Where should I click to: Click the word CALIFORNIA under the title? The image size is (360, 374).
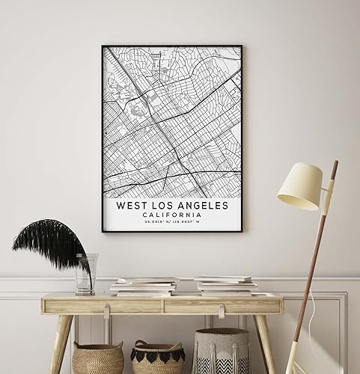pyautogui.click(x=172, y=215)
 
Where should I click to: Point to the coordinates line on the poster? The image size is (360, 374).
pyautogui.click(x=172, y=223)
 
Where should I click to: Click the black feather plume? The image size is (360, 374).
pyautogui.click(x=51, y=241)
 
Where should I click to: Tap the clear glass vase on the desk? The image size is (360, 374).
pyautogui.click(x=85, y=274)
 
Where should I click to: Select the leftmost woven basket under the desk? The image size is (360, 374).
pyautogui.click(x=97, y=358)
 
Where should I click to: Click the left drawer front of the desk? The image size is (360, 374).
pyautogui.click(x=105, y=305)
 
